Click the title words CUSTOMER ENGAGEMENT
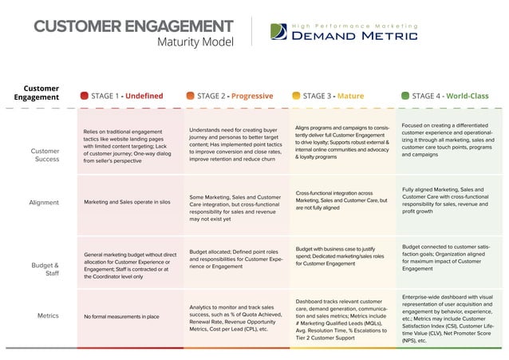134,26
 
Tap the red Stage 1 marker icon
84,96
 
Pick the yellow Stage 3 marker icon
296,96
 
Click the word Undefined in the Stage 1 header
146,96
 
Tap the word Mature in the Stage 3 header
350,96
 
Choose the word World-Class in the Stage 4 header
468,96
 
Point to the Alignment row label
45,202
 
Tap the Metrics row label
48,315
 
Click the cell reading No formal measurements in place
121,316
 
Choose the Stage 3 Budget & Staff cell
343,255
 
